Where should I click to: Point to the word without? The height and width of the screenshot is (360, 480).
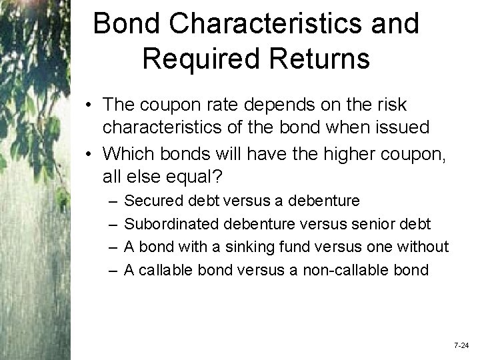pos(423,247)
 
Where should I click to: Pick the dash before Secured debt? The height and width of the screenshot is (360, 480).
pos(109,200)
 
